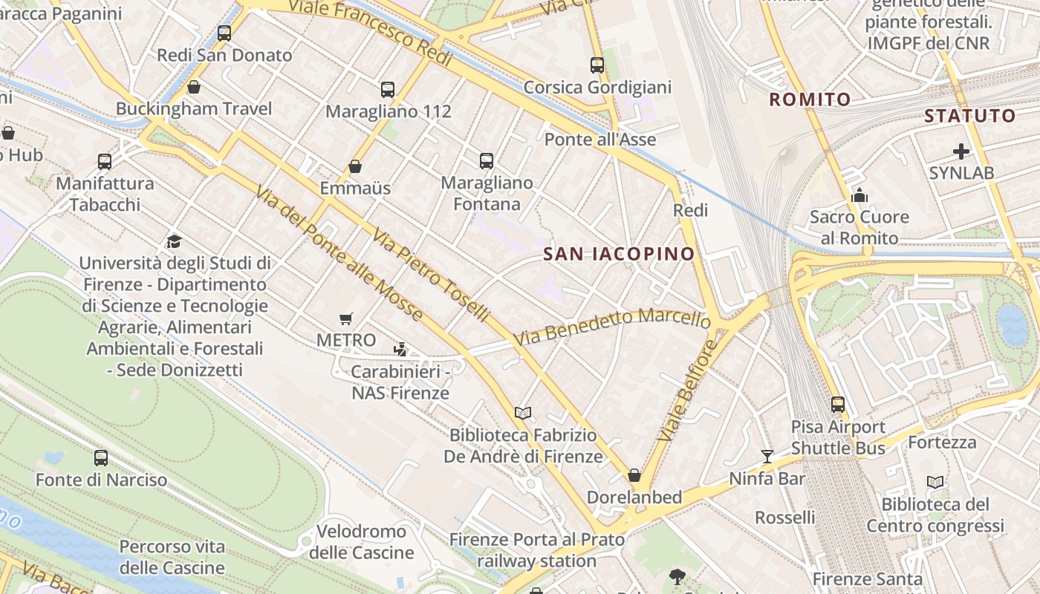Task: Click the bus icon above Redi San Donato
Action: (224, 33)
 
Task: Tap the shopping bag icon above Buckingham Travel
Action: (194, 87)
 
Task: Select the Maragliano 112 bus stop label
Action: (389, 111)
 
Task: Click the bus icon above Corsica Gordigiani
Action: (597, 65)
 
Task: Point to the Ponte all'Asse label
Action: (600, 140)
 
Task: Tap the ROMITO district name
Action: (810, 99)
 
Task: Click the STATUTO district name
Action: (969, 116)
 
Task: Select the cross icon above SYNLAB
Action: (961, 151)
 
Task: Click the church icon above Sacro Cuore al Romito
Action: (859, 195)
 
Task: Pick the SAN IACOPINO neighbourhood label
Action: (619, 254)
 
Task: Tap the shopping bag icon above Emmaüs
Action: (355, 166)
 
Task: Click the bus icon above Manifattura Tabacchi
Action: (105, 161)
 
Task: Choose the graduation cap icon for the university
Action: (174, 241)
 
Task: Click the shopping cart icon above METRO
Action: (345, 319)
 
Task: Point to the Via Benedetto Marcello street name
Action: (611, 327)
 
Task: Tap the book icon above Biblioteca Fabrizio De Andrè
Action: (523, 413)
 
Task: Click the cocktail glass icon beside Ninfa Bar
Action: (767, 456)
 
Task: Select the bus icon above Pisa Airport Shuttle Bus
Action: (838, 405)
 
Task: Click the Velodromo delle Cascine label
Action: (362, 542)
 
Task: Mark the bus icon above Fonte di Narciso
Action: (101, 458)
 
